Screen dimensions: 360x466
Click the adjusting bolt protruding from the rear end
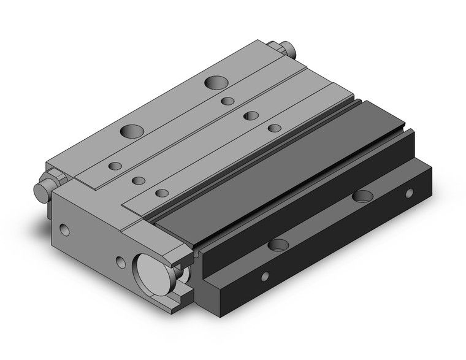tap(286, 49)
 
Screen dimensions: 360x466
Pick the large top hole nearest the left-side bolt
tap(132, 130)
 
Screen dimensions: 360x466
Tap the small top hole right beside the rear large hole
tap(227, 101)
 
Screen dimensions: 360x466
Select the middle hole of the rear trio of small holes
tap(250, 115)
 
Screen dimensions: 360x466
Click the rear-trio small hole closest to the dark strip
tap(275, 128)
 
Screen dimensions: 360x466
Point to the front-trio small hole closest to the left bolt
tap(115, 166)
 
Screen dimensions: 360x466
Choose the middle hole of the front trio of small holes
tap(139, 180)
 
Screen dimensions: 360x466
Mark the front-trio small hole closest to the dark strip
tap(162, 193)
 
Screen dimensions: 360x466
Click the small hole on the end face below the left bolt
tap(66, 231)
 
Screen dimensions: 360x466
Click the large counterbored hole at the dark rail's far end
tap(362, 196)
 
